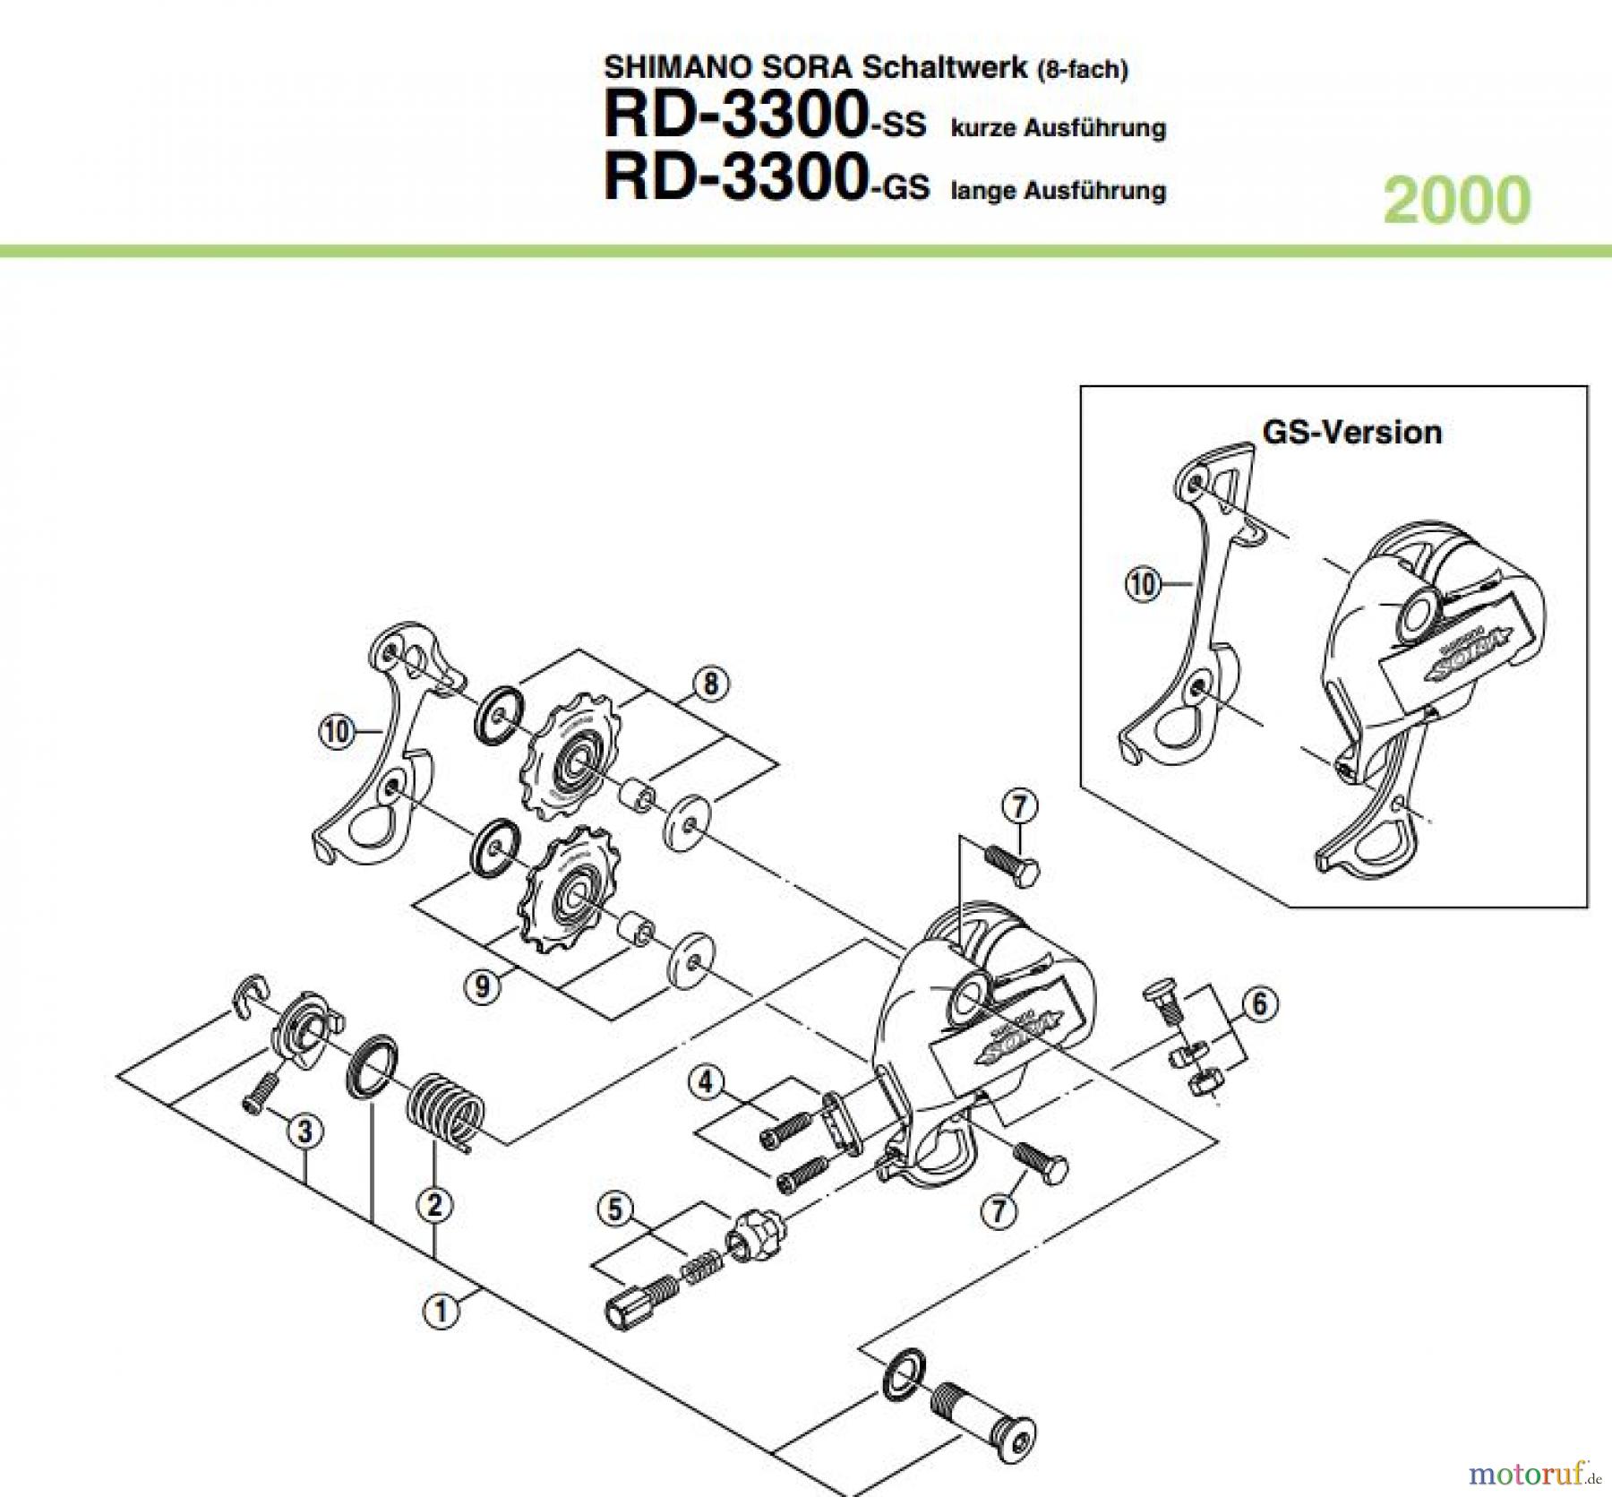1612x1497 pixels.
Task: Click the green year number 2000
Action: click(x=1456, y=200)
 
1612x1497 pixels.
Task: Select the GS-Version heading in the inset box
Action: click(x=1351, y=432)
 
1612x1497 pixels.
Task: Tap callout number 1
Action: click(x=440, y=1312)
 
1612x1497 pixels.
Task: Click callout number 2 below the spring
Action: click(x=434, y=1205)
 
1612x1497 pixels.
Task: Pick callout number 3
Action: click(x=305, y=1131)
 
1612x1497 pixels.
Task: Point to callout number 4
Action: click(x=707, y=1083)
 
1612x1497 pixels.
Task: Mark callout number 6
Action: click(x=1259, y=1003)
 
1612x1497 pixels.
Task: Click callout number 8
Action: click(x=711, y=684)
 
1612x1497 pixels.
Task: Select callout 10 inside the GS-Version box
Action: click(x=1143, y=585)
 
